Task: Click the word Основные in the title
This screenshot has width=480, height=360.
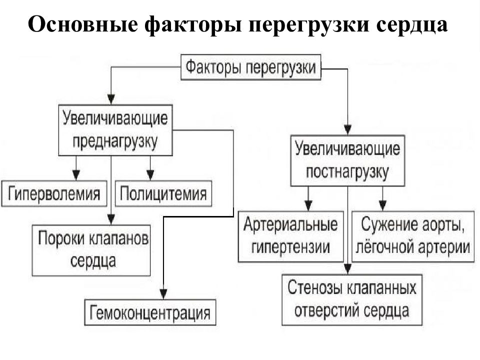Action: (x=83, y=24)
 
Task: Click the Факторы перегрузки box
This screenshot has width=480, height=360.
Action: (x=250, y=67)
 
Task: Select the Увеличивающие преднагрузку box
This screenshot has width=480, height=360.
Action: (x=115, y=130)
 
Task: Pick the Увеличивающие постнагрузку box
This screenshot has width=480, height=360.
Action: (x=347, y=160)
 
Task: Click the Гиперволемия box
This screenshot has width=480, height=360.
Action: (x=54, y=193)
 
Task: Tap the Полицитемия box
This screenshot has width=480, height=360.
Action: (x=163, y=193)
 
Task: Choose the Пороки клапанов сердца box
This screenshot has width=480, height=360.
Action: (x=91, y=250)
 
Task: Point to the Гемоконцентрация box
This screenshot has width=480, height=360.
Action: (x=150, y=312)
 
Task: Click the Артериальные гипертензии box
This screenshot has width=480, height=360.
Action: (x=291, y=236)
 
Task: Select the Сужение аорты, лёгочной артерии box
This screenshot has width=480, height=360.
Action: (x=413, y=236)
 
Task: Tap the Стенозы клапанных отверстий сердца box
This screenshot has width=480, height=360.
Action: (x=351, y=299)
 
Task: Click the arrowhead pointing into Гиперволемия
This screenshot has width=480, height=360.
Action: (x=76, y=175)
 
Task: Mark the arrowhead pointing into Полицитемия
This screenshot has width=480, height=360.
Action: (x=150, y=175)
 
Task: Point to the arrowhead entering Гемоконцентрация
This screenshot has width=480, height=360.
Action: (x=163, y=294)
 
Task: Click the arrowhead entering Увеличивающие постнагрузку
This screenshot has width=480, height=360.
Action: (x=348, y=130)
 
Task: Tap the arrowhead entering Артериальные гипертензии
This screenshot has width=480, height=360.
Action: (x=308, y=205)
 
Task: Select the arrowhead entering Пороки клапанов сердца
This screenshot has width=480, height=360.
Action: (x=111, y=219)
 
